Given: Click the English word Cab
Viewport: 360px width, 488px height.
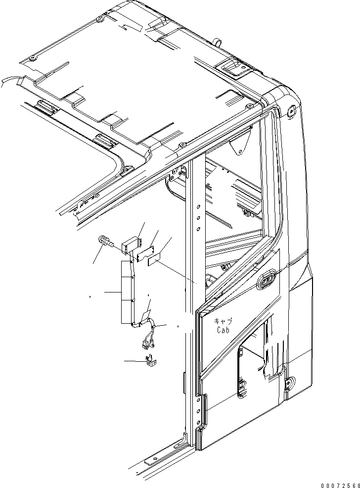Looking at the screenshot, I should tap(222, 330).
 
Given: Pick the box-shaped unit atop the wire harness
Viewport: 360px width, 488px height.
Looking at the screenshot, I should tap(132, 245).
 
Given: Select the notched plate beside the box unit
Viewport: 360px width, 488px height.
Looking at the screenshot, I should tap(146, 253).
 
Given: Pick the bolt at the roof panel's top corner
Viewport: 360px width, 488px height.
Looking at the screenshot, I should tap(100, 18).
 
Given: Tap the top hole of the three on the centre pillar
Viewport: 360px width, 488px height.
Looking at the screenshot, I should tap(198, 204).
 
